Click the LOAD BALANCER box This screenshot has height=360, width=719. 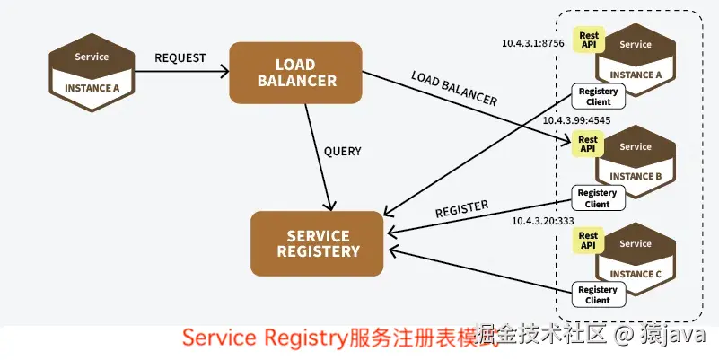pos(296,72)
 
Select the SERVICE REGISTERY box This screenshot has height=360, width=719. pos(317,243)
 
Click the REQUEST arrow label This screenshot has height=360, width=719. pos(180,58)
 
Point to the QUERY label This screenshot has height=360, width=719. pos(342,152)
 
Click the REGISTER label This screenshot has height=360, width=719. pos(461,209)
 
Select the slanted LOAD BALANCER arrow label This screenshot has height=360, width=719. pos(453,88)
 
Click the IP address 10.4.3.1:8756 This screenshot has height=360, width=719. pos(533,42)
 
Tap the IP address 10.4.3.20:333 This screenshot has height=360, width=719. pos(542,220)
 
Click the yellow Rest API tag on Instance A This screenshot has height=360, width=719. pos(589,40)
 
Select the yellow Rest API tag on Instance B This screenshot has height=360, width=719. pos(588,144)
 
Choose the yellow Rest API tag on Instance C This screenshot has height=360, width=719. pos(588,240)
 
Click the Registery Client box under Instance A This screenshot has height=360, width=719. pos(597,96)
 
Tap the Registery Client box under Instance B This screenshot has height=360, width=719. pos(597,198)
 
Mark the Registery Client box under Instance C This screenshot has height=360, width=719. pos(597,294)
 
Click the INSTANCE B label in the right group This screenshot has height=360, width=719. pos(636,176)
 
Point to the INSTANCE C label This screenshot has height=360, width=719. pos(636,274)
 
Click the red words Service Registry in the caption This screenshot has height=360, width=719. pos(265,338)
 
